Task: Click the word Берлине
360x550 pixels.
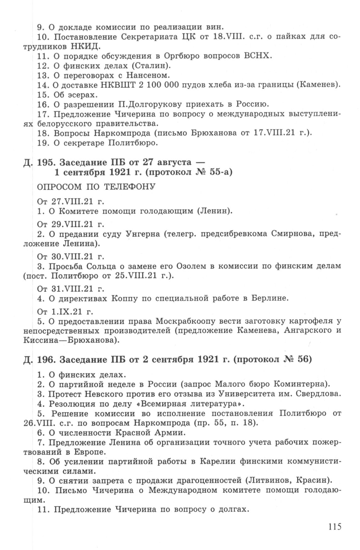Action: pyautogui.click(x=270, y=298)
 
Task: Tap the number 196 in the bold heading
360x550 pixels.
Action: pyautogui.click(x=46, y=360)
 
